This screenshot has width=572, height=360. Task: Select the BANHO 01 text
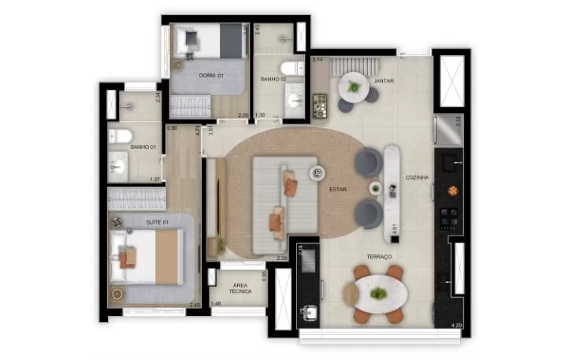142,147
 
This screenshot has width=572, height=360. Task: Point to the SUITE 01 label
158,223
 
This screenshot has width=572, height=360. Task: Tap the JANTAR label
384,80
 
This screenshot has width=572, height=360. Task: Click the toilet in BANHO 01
119,136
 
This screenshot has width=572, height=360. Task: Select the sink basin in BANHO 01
117,166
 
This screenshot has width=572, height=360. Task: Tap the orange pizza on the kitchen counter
452,190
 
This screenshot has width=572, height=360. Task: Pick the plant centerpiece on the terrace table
379,293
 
